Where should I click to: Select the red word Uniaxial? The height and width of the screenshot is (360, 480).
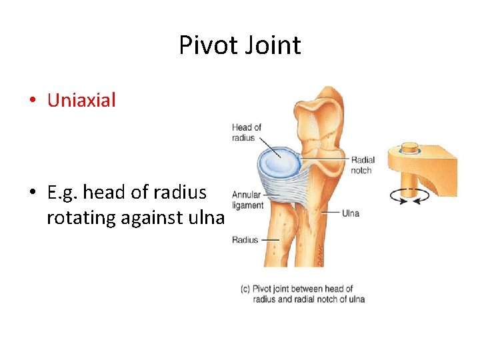[81, 101]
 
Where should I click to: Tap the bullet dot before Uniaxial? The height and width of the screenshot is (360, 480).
[32, 101]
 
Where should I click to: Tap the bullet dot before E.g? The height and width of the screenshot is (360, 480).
[32, 193]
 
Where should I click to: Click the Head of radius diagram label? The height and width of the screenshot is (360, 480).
[246, 132]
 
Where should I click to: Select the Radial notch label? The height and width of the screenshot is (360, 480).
[363, 165]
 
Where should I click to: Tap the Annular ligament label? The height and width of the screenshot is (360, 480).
[247, 200]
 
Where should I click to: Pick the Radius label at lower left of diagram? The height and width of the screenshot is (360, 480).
[245, 240]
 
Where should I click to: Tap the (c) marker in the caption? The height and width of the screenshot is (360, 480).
[245, 289]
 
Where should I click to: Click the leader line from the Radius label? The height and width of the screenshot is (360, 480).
[269, 240]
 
